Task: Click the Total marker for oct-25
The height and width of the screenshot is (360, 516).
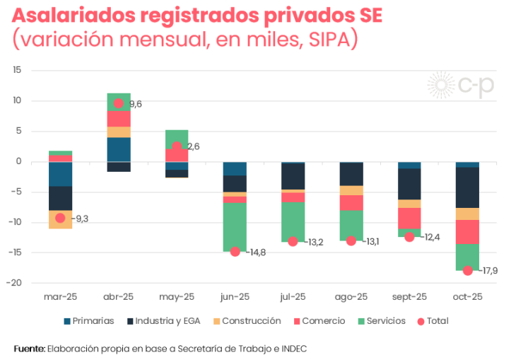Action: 467,270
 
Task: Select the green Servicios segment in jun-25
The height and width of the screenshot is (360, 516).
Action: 235,226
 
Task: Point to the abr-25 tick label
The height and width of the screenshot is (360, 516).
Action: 119,297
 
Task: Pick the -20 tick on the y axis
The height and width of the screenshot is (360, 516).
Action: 16,283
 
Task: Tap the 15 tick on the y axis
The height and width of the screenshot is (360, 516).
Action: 18,70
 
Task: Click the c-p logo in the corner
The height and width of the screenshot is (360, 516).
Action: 461,86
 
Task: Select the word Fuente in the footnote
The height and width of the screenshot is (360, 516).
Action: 29,349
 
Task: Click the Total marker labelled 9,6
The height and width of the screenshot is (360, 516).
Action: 119,103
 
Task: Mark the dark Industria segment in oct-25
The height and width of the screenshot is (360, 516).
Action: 467,187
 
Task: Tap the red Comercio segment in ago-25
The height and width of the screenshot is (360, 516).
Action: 351,203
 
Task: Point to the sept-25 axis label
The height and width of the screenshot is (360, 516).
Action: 409,297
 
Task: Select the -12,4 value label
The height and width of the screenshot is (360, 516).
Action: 430,237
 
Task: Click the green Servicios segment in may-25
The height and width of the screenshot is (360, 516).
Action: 177,139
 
